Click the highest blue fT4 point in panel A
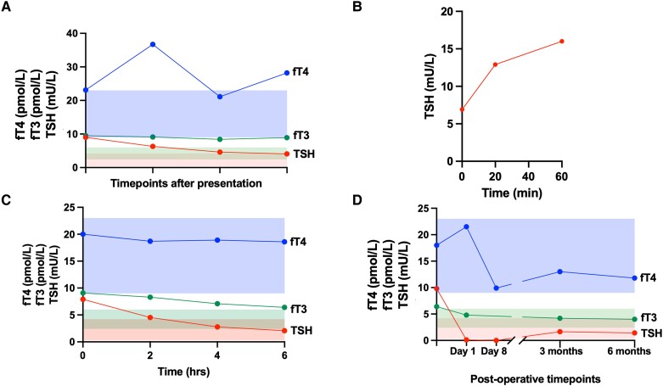pos(153,44)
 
